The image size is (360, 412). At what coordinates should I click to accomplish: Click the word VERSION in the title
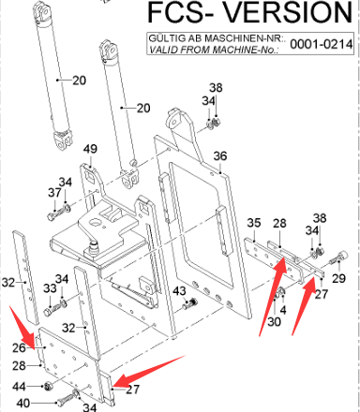[x=288, y=12]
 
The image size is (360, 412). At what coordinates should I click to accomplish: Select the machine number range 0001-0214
[x=322, y=44]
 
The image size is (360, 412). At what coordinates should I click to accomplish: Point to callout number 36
[x=220, y=155]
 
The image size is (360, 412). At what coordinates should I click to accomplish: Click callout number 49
[x=90, y=149]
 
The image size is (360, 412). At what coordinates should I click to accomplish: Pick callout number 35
[x=253, y=223]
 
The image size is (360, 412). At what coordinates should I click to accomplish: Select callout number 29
[x=338, y=278]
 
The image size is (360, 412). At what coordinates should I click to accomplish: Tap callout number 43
[x=179, y=291]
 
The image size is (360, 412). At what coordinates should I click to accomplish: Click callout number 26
[x=19, y=347]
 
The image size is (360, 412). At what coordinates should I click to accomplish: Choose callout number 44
[x=19, y=387]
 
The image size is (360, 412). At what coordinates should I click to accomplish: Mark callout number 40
[x=23, y=403]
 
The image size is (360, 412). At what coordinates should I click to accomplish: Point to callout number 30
[x=274, y=321]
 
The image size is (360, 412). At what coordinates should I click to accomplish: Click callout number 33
[x=50, y=288]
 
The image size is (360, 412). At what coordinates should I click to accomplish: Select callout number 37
[x=54, y=193]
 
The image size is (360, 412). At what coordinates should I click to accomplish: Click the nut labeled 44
[x=48, y=387]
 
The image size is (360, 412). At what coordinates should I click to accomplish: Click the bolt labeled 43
[x=190, y=303]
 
